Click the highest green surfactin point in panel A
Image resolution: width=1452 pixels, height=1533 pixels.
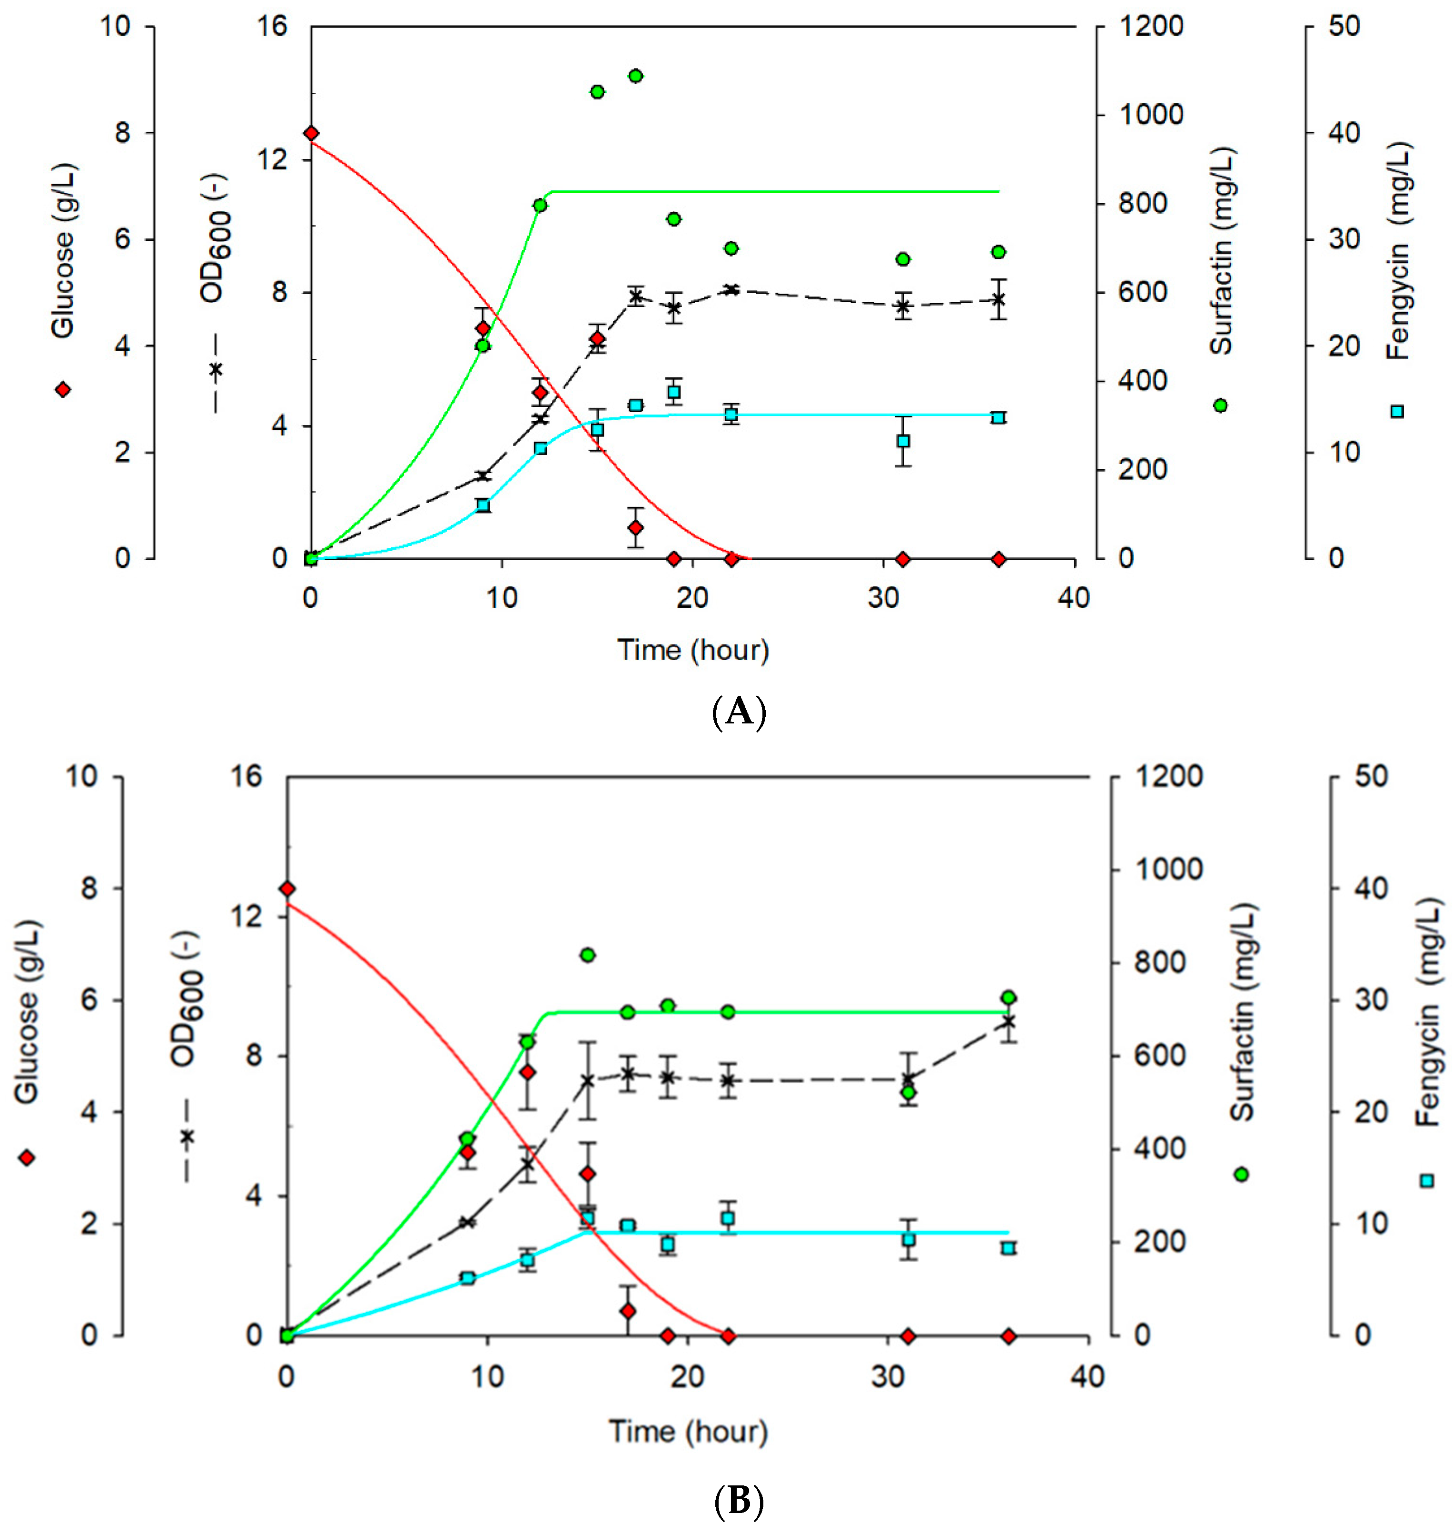click(635, 76)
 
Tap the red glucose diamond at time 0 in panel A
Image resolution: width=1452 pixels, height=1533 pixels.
click(311, 134)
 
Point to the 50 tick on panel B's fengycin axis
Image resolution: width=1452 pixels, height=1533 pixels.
click(1371, 776)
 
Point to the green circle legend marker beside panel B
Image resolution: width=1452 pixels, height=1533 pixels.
click(1242, 1175)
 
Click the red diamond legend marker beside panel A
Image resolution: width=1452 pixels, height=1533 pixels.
click(63, 389)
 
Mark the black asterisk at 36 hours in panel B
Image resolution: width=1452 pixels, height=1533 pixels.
click(1008, 1022)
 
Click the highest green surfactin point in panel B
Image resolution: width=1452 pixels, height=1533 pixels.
click(587, 955)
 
